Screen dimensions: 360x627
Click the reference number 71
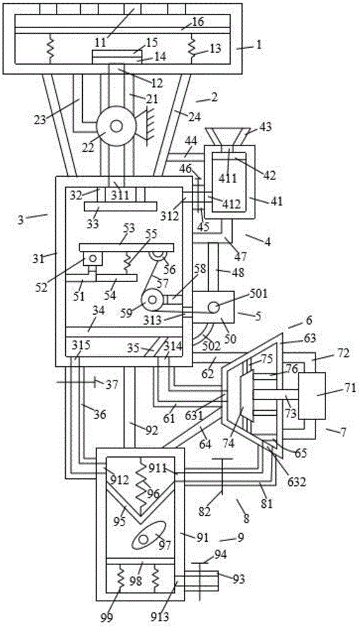pyautogui.click(x=350, y=388)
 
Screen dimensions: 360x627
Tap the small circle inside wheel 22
pyautogui.click(x=117, y=126)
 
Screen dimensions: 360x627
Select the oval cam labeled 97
pyautogui.click(x=149, y=535)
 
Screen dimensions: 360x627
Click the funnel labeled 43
pyautogui.click(x=227, y=136)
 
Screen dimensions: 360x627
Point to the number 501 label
pyautogui.click(x=258, y=294)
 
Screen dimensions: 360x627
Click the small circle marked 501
pyautogui.click(x=214, y=307)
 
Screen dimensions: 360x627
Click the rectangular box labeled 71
pyautogui.click(x=312, y=396)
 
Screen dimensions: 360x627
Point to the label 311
pyautogui.click(x=120, y=195)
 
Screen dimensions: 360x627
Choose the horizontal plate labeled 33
pyautogui.click(x=120, y=206)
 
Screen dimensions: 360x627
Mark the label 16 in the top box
pyautogui.click(x=198, y=21)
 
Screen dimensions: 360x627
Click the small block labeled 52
pyautogui.click(x=93, y=258)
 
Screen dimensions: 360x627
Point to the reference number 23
pyautogui.click(x=40, y=119)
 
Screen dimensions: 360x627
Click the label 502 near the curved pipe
pyautogui.click(x=211, y=346)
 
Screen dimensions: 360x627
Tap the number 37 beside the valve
pyautogui.click(x=112, y=385)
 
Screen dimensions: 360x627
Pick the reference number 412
pyautogui.click(x=231, y=204)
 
